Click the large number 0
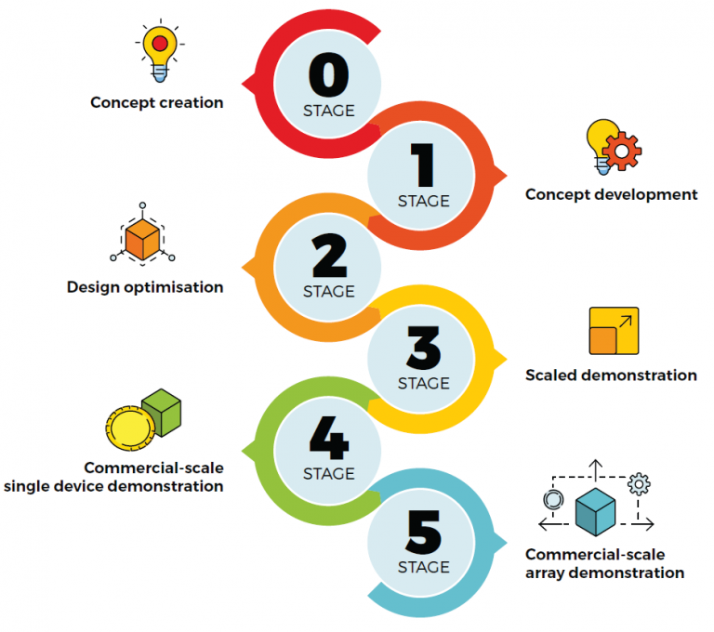pyautogui.click(x=328, y=77)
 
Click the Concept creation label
pyautogui.click(x=156, y=102)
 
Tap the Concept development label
pyautogui.click(x=611, y=195)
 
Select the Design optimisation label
pyautogui.click(x=145, y=287)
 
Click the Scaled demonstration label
pyautogui.click(x=611, y=375)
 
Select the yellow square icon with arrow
pyautogui.click(x=614, y=331)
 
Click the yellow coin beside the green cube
pyautogui.click(x=129, y=429)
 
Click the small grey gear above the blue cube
pyautogui.click(x=639, y=483)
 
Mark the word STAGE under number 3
pyautogui.click(x=423, y=383)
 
